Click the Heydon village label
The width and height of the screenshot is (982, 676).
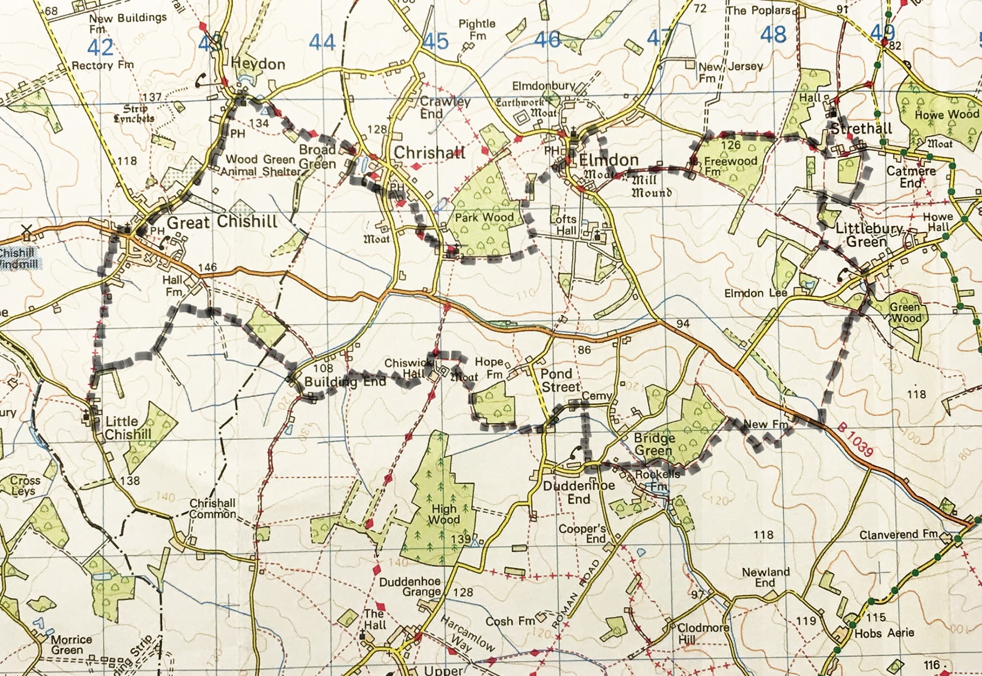258,64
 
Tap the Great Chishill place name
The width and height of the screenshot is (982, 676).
222,222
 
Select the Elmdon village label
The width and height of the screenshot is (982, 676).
608,160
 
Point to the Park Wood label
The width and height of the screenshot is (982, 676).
484,218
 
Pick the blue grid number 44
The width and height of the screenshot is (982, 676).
322,43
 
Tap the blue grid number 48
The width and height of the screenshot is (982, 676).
773,35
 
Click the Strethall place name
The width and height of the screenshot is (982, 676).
861,128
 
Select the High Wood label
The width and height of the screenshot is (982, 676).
444,514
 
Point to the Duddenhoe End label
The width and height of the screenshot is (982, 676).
579,492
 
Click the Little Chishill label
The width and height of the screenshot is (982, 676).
128,428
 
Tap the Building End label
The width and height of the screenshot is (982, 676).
345,382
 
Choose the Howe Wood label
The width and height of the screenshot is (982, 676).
947,115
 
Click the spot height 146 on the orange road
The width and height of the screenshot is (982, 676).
207,267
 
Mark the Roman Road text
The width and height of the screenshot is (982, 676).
575,595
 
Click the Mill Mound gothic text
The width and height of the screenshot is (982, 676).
651,186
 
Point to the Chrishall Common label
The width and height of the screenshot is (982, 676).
212,509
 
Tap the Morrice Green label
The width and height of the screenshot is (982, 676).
71,645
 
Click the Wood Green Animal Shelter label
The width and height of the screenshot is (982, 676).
262,164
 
